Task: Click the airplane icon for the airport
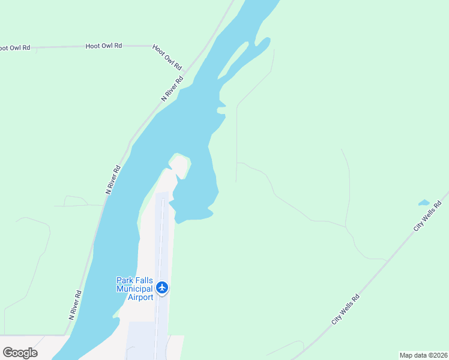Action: click(x=162, y=287)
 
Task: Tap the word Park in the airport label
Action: click(x=125, y=280)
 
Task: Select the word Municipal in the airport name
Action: click(x=134, y=289)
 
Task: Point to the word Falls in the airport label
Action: click(x=143, y=280)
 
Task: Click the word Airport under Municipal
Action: click(x=140, y=297)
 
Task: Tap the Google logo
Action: click(x=20, y=353)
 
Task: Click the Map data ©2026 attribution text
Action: click(x=423, y=355)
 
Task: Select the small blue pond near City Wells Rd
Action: click(x=424, y=203)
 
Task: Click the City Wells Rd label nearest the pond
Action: click(x=427, y=217)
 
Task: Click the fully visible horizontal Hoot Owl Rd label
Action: click(x=104, y=46)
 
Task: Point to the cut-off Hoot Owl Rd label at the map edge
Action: click(x=14, y=47)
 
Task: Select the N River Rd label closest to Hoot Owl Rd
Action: click(x=172, y=88)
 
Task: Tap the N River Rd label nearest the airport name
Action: click(x=74, y=305)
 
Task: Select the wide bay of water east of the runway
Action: click(x=195, y=198)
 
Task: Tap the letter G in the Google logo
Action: click(x=8, y=353)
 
